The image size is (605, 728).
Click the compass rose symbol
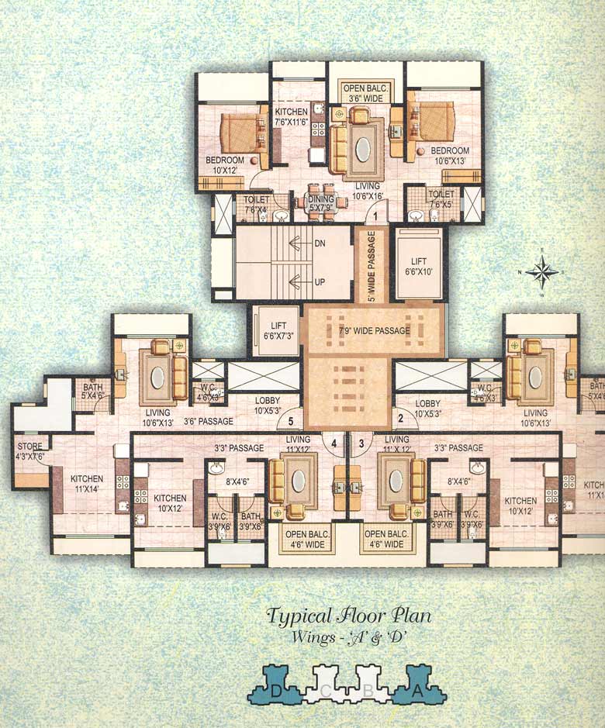[543, 271]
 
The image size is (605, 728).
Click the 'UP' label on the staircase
[319, 282]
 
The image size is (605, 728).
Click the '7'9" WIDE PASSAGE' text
[375, 331]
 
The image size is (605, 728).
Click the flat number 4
[334, 443]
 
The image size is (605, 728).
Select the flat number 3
[361, 443]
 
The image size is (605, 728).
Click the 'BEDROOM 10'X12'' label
[224, 165]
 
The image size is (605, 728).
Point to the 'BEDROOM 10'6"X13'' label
[450, 155]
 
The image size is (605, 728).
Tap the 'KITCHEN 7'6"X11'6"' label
[291, 117]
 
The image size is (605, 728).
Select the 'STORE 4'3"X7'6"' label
[30, 451]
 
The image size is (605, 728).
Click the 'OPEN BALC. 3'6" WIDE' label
[365, 94]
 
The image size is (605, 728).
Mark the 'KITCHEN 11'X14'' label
[87, 485]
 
